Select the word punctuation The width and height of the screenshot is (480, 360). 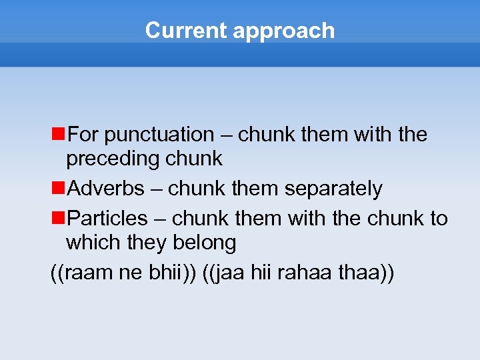[x=159, y=135]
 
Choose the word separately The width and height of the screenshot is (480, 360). [x=333, y=189]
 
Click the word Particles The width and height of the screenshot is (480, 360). [x=108, y=219]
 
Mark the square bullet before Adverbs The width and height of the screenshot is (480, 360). [x=58, y=189]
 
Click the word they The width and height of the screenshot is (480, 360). [x=146, y=243]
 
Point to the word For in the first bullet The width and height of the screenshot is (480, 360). [x=83, y=135]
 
